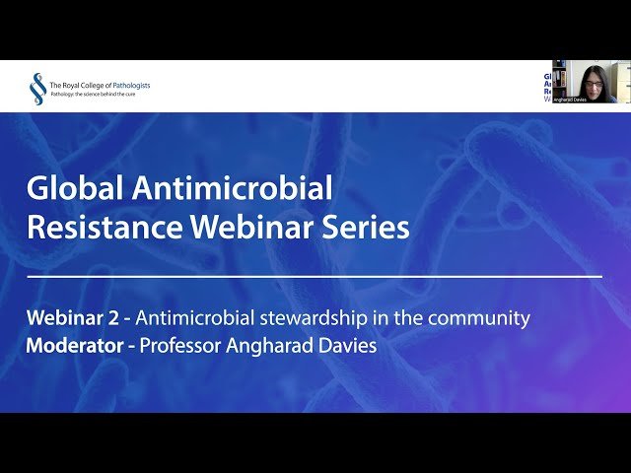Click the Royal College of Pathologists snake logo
pyautogui.click(x=36, y=89)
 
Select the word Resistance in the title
pyautogui.click(x=104, y=228)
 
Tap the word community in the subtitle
pyautogui.click(x=482, y=318)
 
